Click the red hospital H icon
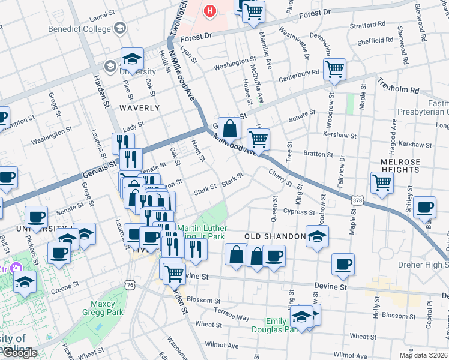(209, 10)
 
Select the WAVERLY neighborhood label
(139, 108)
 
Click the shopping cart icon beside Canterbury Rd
(334, 69)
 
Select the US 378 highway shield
(357, 200)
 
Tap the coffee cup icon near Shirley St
(424, 207)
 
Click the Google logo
(19, 353)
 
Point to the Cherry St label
(280, 177)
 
